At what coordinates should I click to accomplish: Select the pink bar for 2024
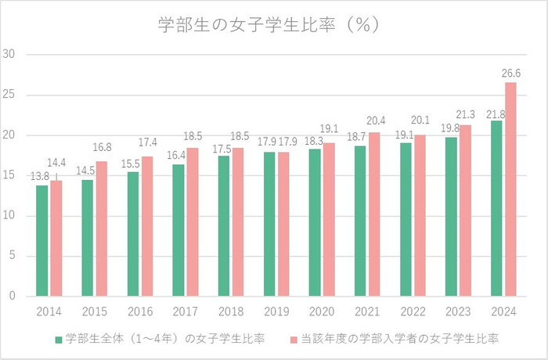(511, 189)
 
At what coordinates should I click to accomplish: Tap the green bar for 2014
(42, 241)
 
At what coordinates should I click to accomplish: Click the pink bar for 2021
(375, 214)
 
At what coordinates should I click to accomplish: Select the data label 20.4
(377, 121)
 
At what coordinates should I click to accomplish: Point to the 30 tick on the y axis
(10, 55)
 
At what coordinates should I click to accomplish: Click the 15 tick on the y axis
(10, 176)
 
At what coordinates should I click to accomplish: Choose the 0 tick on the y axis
(13, 297)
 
